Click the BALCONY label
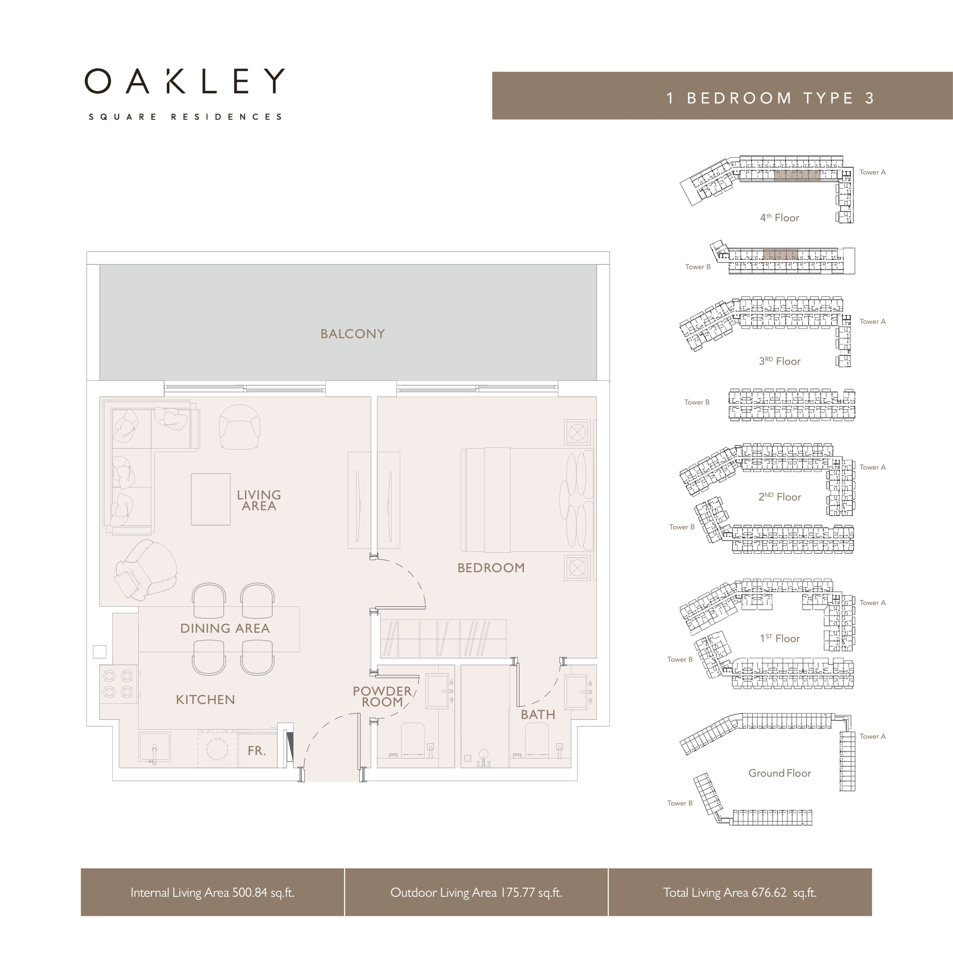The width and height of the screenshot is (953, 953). point(352,334)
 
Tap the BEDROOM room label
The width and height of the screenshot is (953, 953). point(491,568)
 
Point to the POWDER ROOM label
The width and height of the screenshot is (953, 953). point(382,697)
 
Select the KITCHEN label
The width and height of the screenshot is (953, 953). point(205,699)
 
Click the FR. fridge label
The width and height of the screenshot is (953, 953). point(256,751)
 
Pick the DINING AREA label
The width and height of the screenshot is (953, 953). point(225,628)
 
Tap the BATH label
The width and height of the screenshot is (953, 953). point(538,715)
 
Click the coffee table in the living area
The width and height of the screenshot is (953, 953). point(210,499)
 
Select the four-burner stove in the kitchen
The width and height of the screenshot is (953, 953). point(118,684)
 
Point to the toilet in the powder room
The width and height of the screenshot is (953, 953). point(413,740)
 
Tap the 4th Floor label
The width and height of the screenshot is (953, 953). point(779,217)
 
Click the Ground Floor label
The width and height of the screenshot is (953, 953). point(779,773)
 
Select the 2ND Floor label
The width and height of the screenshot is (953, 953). point(779,497)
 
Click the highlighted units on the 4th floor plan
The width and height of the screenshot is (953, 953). point(797,175)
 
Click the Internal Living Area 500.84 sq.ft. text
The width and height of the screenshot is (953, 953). point(212,892)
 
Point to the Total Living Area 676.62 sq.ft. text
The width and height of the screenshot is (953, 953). point(740,892)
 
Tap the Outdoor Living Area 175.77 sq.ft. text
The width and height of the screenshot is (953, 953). point(476,892)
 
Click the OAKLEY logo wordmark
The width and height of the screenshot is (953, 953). point(185,81)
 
